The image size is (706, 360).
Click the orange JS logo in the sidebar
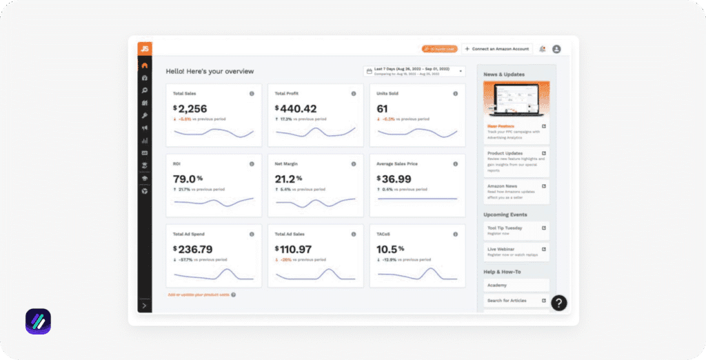(144, 48)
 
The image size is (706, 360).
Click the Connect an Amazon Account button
(497, 49)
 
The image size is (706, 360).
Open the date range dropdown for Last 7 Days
(414, 71)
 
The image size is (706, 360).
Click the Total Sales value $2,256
(190, 108)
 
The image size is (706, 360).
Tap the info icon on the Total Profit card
(354, 93)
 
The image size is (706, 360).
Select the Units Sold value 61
(382, 108)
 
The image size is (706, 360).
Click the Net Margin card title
(288, 164)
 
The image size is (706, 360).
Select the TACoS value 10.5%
(390, 249)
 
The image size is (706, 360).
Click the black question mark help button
(559, 303)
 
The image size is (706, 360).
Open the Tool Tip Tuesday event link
(516, 230)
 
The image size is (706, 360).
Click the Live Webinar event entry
(516, 252)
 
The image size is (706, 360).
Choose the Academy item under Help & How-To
(516, 285)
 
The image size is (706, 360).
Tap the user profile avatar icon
(556, 49)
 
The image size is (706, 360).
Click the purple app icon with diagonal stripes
(38, 321)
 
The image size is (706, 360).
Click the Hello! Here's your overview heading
(210, 71)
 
